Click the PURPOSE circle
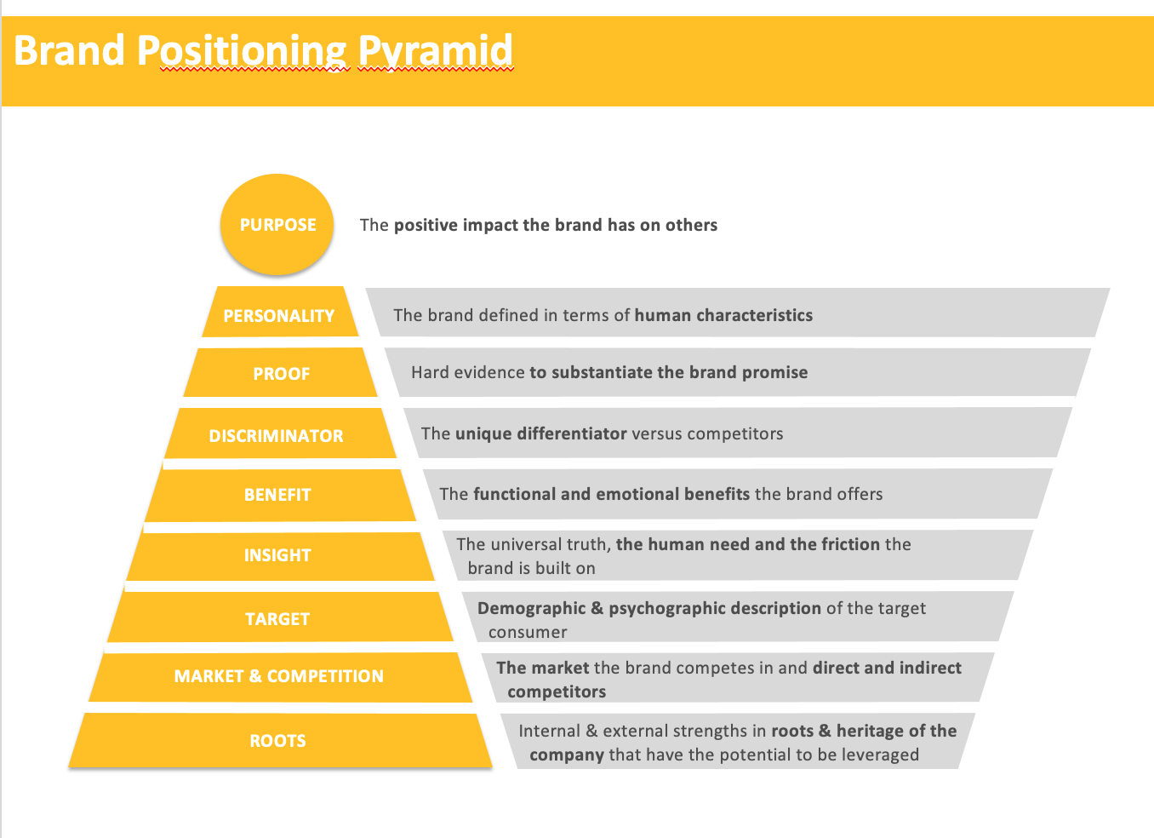point(277,225)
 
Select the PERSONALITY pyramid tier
point(279,316)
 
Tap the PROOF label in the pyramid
point(281,374)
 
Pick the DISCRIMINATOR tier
point(276,436)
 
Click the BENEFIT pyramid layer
point(277,495)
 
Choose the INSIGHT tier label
point(277,555)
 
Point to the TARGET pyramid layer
point(277,619)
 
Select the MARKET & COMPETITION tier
point(278,676)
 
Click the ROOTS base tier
point(277,741)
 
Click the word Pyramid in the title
point(436,51)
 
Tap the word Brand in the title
point(70,51)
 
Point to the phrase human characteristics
point(723,315)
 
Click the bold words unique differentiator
point(540,433)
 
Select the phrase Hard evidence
point(467,372)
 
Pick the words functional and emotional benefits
point(611,494)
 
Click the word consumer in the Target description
point(528,632)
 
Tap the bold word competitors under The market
point(557,692)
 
